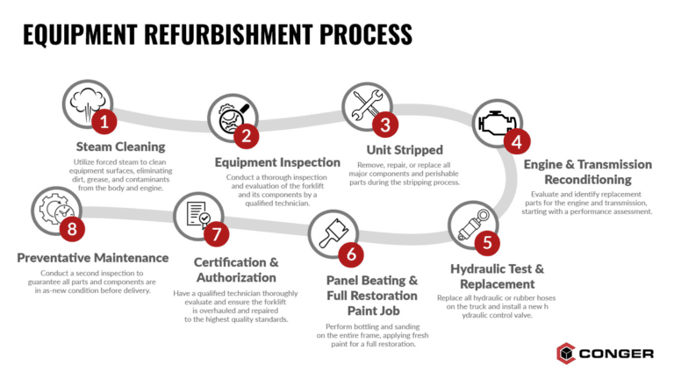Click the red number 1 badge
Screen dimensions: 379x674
(104, 121)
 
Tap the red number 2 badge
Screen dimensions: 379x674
(247, 135)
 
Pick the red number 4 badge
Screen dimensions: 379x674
(517, 140)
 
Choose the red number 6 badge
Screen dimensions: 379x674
(352, 254)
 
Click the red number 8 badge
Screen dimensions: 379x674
(74, 229)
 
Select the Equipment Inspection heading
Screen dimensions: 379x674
(277, 162)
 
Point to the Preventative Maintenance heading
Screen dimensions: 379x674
(93, 258)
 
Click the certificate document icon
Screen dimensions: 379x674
(192, 214)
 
